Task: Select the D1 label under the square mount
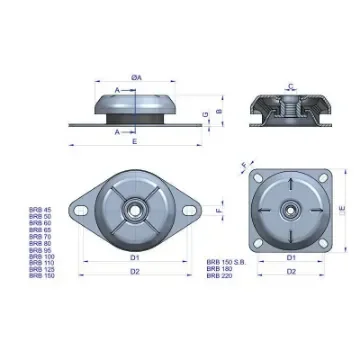pos(291,257)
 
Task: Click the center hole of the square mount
pos(291,209)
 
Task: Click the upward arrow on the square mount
pos(291,183)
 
